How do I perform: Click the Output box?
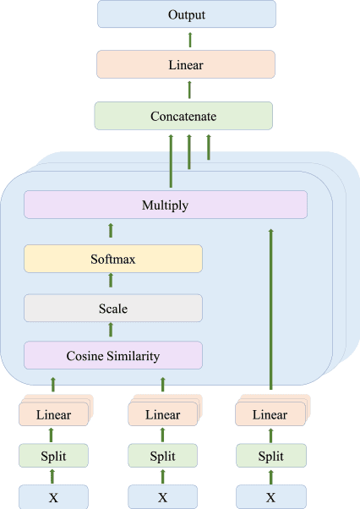tap(187, 14)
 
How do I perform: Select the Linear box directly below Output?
tap(186, 64)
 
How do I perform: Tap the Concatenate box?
tap(183, 116)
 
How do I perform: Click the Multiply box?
tap(165, 205)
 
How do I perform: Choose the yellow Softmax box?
tap(113, 259)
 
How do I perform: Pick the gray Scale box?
tap(113, 308)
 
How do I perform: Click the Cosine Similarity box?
tap(113, 355)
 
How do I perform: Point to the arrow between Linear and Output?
tap(189, 39)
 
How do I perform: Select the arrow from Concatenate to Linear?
tap(189, 90)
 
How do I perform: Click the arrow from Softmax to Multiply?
tap(112, 231)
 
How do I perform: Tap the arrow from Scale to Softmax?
tap(112, 283)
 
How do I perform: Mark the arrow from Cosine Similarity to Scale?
tap(112, 331)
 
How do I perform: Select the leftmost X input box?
tap(53, 497)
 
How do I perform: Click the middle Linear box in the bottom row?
tap(161, 414)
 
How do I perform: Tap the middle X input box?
tap(162, 497)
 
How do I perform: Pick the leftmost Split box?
tap(53, 456)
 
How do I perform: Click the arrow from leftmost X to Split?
tap(53, 477)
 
